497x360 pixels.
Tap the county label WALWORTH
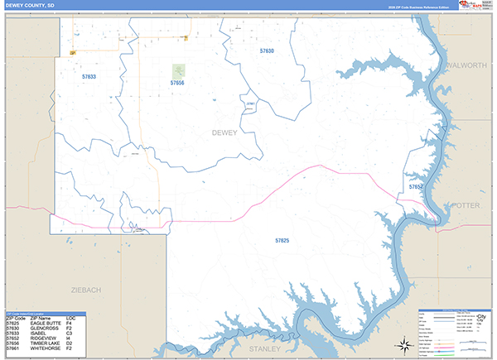point(466,65)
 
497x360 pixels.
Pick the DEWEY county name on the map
point(224,132)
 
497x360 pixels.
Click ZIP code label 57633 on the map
point(89,76)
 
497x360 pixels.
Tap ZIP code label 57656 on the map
point(177,83)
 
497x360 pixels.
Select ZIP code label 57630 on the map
point(266,51)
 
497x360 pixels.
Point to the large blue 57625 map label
point(282,240)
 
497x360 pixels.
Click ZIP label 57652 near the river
point(416,187)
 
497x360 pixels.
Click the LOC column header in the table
point(70,316)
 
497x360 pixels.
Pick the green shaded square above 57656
point(179,71)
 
